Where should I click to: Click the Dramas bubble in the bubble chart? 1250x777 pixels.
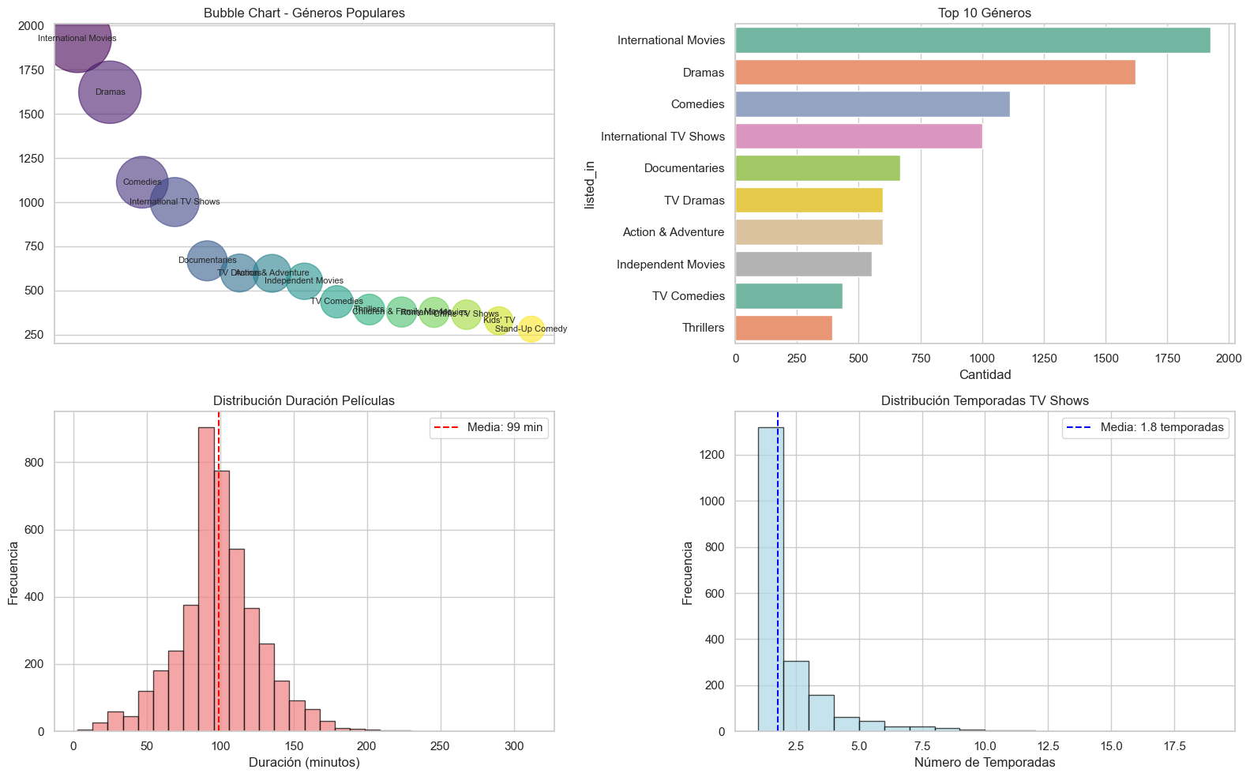[110, 92]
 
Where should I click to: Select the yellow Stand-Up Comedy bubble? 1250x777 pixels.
[531, 329]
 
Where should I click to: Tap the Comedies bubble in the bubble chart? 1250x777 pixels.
[142, 182]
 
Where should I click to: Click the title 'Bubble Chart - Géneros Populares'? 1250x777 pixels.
[304, 13]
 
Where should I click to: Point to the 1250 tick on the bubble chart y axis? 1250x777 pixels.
[32, 159]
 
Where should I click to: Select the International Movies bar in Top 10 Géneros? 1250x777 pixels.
[972, 40]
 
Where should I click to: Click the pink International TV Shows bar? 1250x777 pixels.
[858, 137]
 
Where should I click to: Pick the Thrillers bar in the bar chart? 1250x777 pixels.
[783, 328]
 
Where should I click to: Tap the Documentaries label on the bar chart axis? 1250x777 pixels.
[684, 168]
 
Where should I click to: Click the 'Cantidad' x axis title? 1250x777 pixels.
[985, 374]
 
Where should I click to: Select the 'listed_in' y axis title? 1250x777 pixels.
[590, 185]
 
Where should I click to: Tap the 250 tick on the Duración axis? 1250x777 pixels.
[441, 747]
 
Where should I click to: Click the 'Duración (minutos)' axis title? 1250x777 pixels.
[304, 763]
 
